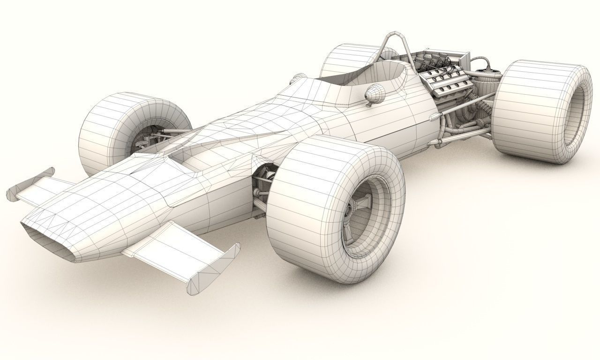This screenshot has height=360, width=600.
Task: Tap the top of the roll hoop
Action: (x=397, y=36)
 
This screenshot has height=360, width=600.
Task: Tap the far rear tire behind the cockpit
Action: (x=345, y=59)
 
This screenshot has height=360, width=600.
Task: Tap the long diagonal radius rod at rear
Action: (x=469, y=105)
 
